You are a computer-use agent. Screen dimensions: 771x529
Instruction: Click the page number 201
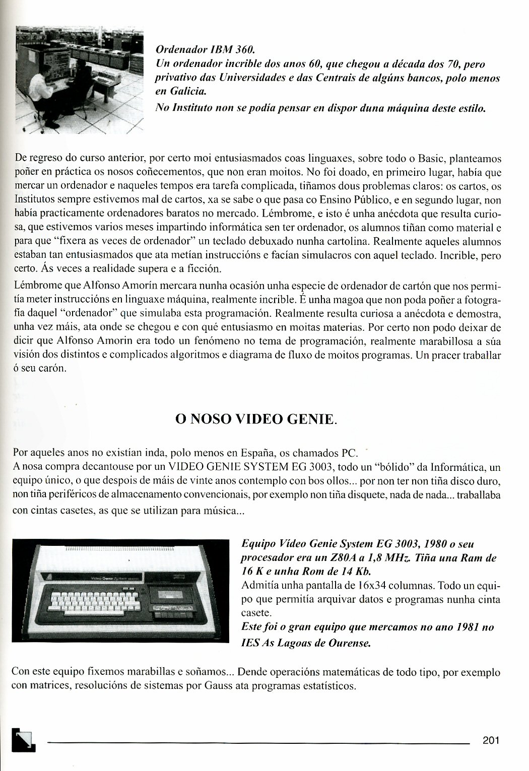point(490,740)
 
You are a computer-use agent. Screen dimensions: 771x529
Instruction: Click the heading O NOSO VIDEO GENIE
point(255,419)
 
